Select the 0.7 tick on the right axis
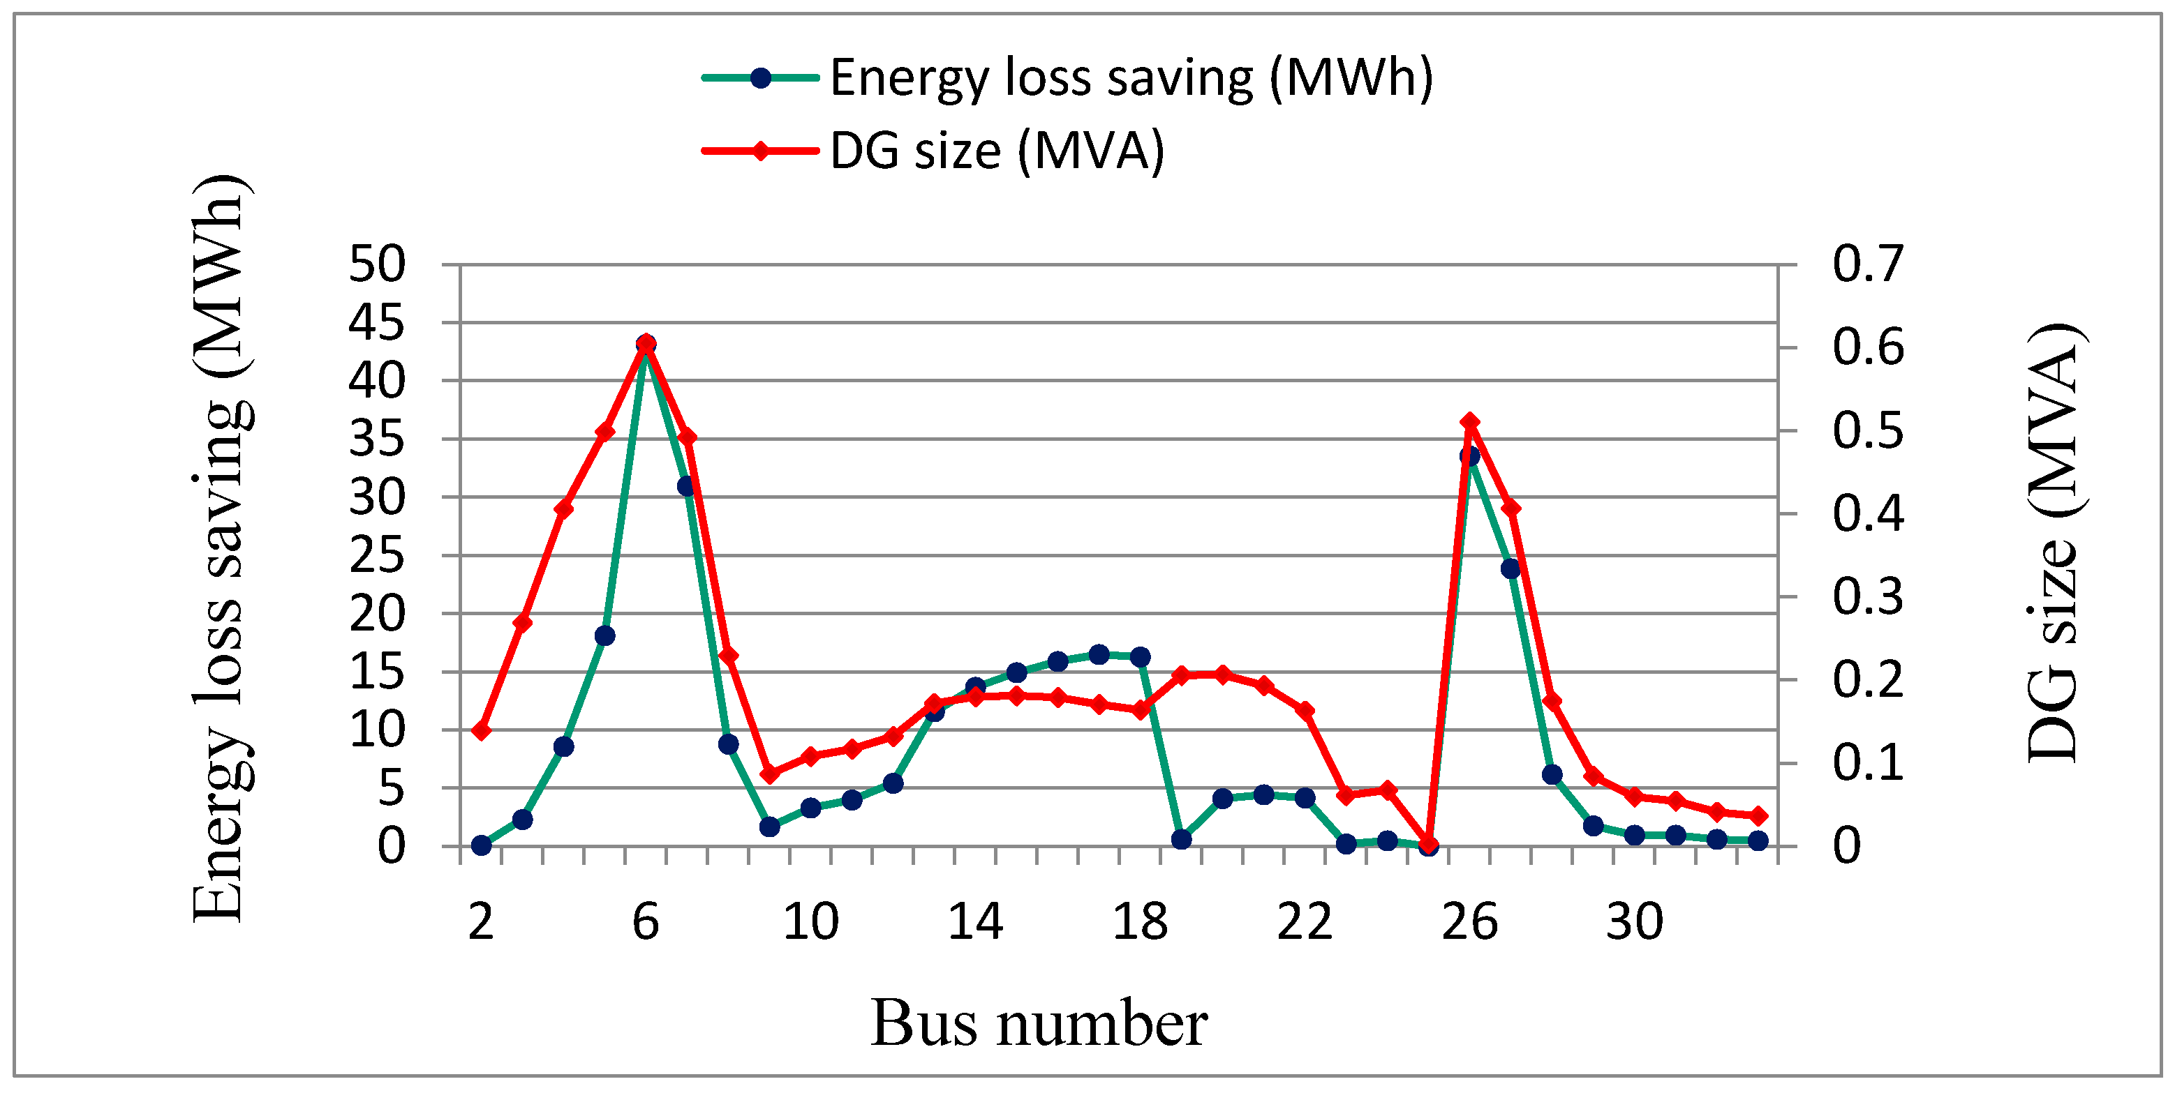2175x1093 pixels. point(1868,264)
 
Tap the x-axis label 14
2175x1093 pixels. point(975,921)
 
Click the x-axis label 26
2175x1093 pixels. point(1469,921)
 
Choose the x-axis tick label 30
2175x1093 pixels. point(1634,921)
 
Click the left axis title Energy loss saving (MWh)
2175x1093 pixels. point(220,549)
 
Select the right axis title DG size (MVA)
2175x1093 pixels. point(2051,544)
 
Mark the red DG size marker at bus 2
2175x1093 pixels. point(481,730)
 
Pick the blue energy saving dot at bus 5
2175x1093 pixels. point(604,635)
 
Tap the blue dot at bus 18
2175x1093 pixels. point(1140,656)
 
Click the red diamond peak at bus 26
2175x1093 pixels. point(1469,421)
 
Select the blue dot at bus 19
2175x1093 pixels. point(1181,839)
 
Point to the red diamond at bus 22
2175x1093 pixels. point(1305,711)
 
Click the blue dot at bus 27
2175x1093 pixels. point(1510,569)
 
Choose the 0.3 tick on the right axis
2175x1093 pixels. point(1868,596)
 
